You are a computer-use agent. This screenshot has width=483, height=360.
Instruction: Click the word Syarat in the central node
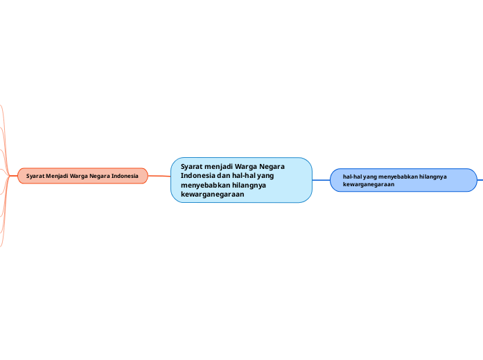tap(193, 166)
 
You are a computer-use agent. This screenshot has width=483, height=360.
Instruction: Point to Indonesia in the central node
tap(197, 176)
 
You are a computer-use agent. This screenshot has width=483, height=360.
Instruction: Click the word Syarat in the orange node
tap(36, 177)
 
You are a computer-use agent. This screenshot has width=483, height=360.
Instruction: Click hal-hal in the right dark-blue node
tap(353, 177)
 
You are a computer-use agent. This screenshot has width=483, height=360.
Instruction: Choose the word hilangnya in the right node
tap(434, 177)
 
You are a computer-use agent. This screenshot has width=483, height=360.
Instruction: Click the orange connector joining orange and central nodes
tap(159, 177)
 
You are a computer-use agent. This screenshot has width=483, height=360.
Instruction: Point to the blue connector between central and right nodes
tap(321, 180)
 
